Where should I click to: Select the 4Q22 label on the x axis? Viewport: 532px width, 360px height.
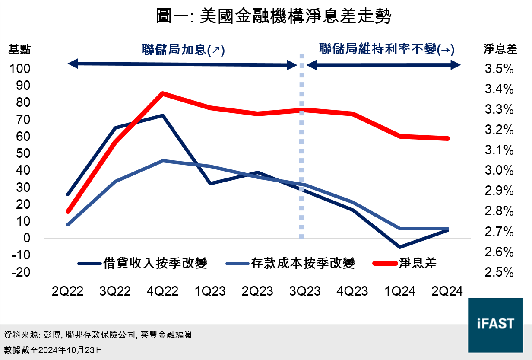pyautogui.click(x=162, y=291)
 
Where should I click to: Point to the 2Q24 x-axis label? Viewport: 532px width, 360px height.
pyautogui.click(x=447, y=291)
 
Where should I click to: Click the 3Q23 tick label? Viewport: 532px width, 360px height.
pyautogui.click(x=305, y=291)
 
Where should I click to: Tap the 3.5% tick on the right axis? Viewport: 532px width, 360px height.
pyautogui.click(x=499, y=69)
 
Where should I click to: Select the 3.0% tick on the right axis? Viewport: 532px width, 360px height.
pyautogui.click(x=499, y=171)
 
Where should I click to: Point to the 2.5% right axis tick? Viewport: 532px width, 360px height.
pyautogui.click(x=499, y=272)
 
